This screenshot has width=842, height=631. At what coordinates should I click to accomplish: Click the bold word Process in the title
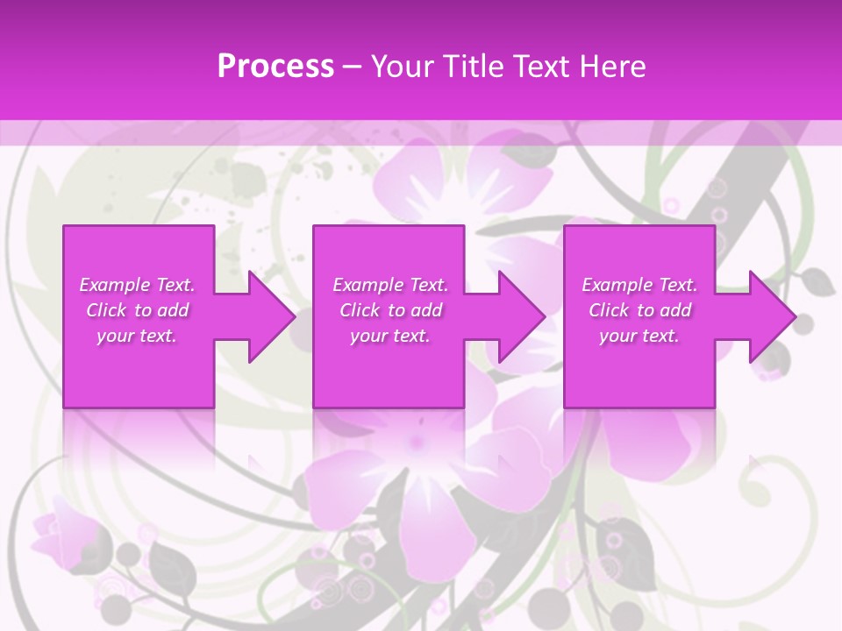click(275, 66)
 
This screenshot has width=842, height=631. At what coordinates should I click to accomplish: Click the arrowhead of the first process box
click(272, 316)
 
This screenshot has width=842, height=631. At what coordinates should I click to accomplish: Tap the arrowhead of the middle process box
click(523, 316)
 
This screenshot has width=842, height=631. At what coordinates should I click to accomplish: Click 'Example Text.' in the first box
click(137, 285)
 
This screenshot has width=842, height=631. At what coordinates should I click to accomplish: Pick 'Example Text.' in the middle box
click(390, 285)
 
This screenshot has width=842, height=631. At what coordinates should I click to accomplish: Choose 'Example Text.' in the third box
click(639, 285)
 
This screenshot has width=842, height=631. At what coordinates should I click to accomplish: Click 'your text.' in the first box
click(137, 336)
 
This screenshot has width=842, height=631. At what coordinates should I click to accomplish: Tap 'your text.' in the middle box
click(390, 336)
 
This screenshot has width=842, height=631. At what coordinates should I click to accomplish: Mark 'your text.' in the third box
click(639, 336)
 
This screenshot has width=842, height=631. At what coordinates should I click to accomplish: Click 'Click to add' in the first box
click(137, 310)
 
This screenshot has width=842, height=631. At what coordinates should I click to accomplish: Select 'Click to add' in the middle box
click(390, 310)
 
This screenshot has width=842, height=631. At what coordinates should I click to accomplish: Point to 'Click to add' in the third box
click(639, 310)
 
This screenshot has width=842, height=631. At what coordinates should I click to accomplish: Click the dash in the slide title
click(352, 67)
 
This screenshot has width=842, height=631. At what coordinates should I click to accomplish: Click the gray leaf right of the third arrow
click(817, 281)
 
